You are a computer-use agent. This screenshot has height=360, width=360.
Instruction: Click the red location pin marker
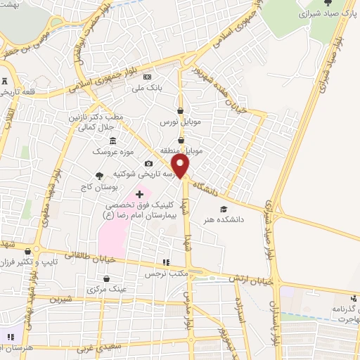point(181,167)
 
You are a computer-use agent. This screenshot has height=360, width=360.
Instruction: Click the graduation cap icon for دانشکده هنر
point(224,209)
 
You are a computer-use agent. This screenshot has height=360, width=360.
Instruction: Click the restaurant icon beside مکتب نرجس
point(165,262)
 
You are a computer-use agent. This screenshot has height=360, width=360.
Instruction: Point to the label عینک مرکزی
point(106,289)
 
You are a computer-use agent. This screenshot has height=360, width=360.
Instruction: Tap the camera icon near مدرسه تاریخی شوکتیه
point(148,164)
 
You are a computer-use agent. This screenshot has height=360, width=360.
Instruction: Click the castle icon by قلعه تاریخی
point(6,79)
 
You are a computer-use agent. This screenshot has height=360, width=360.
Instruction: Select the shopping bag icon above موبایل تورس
point(181,110)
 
